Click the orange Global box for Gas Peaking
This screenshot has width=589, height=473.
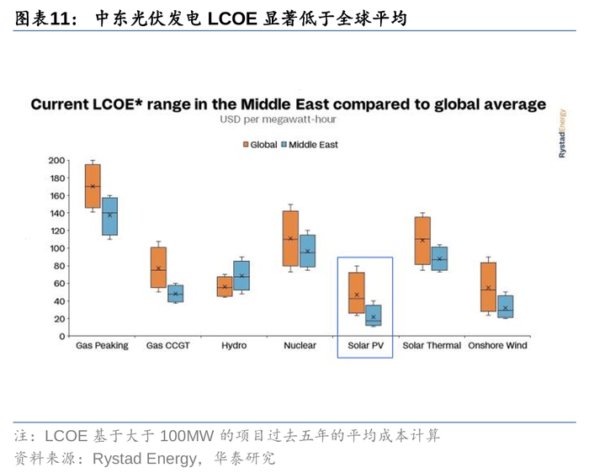pyautogui.click(x=93, y=185)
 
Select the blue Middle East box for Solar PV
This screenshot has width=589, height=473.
pyautogui.click(x=373, y=315)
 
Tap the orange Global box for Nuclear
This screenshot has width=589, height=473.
pyautogui.click(x=290, y=238)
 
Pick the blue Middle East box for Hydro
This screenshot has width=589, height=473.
pyautogui.click(x=241, y=275)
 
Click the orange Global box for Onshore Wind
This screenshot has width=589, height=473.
pyautogui.click(x=488, y=287)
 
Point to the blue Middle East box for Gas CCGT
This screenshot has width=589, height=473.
pyautogui.click(x=175, y=293)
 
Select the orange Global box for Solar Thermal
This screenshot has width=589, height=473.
pyautogui.click(x=422, y=241)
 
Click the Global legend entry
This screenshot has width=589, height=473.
pyautogui.click(x=261, y=145)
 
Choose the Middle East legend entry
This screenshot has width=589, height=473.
pyautogui.click(x=309, y=145)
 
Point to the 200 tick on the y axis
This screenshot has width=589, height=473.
pyautogui.click(x=56, y=160)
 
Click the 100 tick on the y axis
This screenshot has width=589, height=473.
pyautogui.click(x=56, y=248)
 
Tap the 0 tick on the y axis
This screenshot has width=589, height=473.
pyautogui.click(x=61, y=337)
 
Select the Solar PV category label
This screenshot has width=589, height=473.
pyautogui.click(x=365, y=346)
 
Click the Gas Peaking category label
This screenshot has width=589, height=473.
pyautogui.click(x=102, y=346)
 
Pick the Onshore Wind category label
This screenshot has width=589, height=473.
pyautogui.click(x=498, y=346)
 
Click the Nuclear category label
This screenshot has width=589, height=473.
pyautogui.click(x=300, y=346)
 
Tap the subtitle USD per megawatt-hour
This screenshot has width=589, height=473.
pyautogui.click(x=279, y=120)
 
